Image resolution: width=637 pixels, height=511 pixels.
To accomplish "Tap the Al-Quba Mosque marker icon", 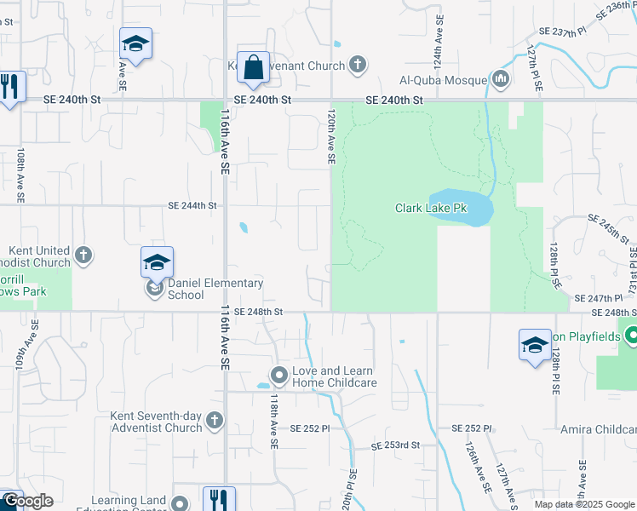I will click(500, 81).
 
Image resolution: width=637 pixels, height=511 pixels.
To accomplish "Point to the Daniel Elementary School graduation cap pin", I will click(157, 262).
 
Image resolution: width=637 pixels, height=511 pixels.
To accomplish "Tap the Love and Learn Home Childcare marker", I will click(278, 375).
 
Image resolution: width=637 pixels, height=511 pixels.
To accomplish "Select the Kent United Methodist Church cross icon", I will click(83, 254).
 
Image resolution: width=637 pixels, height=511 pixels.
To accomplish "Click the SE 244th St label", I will click(192, 205).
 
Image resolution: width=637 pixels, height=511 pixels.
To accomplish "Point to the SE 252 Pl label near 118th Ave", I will click(309, 428).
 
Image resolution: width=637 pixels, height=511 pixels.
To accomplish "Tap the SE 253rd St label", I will click(397, 445).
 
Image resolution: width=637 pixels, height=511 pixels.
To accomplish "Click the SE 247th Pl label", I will click(600, 299).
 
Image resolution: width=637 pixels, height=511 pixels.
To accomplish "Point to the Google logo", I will click(28, 502).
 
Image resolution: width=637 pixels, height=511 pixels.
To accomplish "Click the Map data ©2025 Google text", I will click(584, 504).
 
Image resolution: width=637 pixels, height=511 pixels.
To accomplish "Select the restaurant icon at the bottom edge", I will click(219, 498).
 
